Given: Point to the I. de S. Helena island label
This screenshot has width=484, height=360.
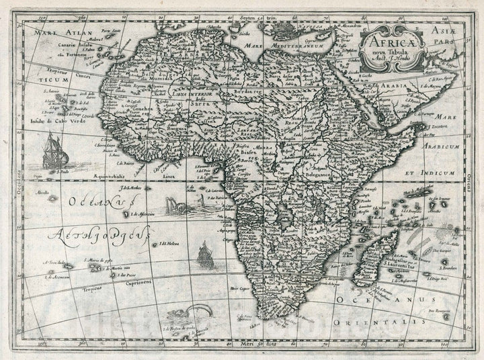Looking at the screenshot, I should click(x=171, y=244).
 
